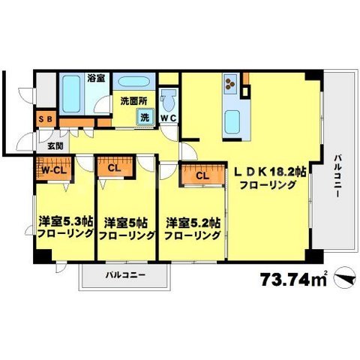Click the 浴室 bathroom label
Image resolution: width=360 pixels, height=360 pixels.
(95, 77)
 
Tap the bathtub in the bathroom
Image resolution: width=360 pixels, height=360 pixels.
(73, 95)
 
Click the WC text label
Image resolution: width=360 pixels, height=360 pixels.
(169, 118)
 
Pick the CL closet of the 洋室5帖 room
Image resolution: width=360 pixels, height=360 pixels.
(114, 169)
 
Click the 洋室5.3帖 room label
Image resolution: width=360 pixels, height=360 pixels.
(64, 222)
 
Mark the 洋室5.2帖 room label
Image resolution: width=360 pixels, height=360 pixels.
(193, 222)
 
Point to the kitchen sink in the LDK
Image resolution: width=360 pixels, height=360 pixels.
(232, 120)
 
